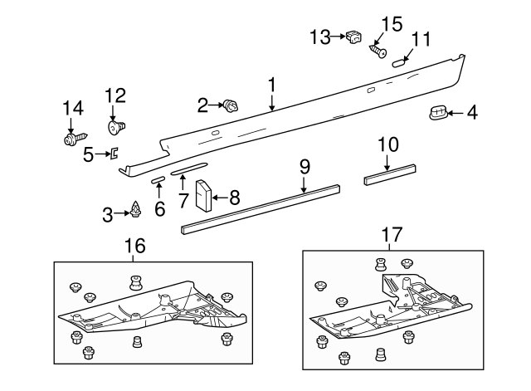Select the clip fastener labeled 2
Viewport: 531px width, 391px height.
pos(230,105)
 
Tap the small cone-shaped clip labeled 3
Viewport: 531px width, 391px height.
pos(135,213)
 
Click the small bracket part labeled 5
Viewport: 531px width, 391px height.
pos(115,152)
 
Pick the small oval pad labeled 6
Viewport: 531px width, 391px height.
pos(158,179)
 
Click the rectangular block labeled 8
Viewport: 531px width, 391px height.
pos(204,195)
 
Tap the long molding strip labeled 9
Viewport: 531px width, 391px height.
pos(261,207)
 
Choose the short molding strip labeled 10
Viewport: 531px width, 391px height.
pos(389,174)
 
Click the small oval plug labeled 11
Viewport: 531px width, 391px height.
pos(399,60)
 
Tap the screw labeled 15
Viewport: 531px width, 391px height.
pos(378,51)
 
